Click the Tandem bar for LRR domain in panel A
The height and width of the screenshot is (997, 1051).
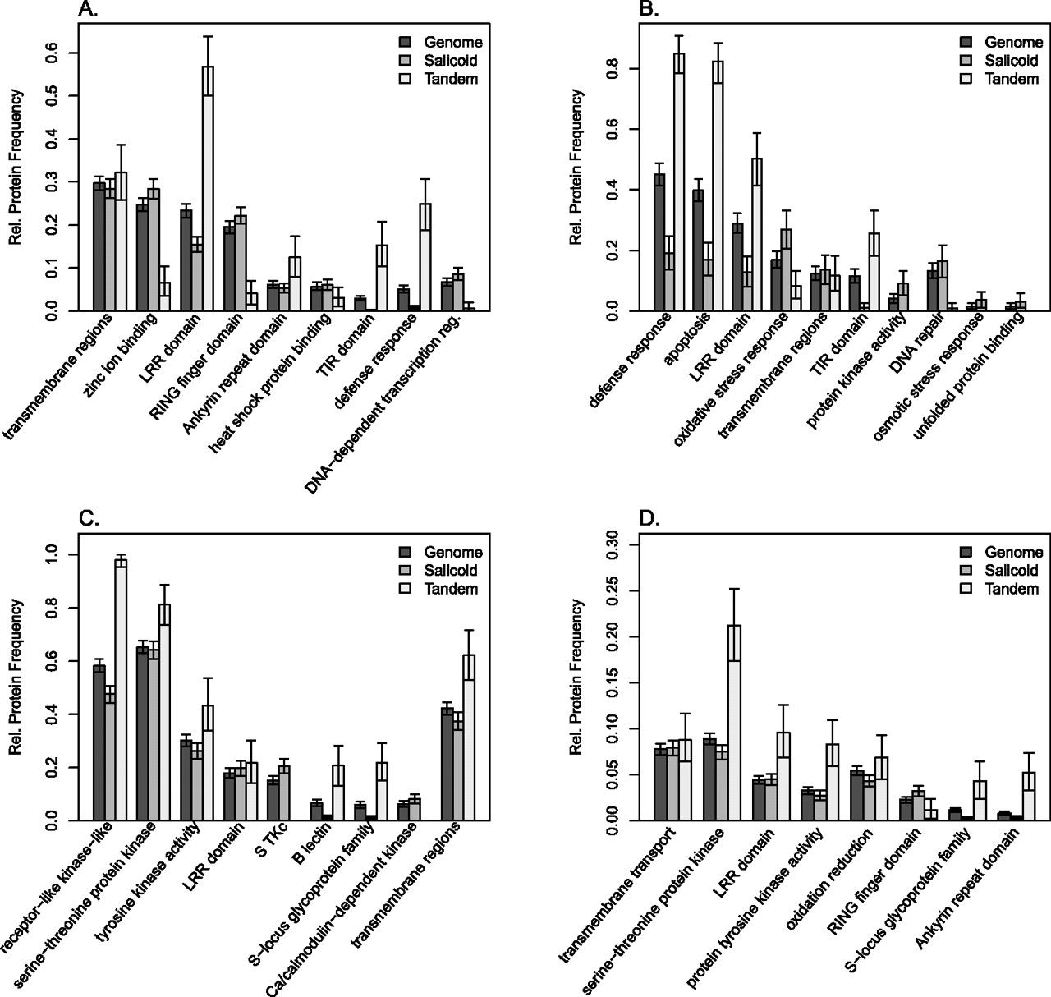tap(208, 188)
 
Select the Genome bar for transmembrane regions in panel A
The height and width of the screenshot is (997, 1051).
tap(99, 246)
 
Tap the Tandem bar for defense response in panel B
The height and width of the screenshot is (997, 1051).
tap(679, 181)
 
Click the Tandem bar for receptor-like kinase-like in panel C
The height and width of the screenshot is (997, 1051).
tap(121, 690)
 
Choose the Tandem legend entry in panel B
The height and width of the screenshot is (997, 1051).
tap(1005, 79)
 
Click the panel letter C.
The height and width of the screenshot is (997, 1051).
tap(88, 518)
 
